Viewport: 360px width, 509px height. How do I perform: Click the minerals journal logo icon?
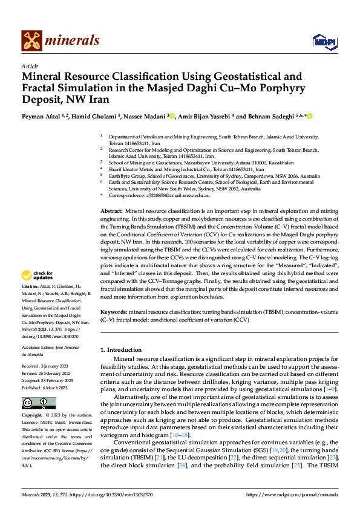pos(31,41)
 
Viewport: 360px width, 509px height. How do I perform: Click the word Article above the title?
pos(30,66)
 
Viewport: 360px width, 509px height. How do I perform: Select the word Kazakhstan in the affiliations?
pos(278,163)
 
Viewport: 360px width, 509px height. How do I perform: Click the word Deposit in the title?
pos(44,99)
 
